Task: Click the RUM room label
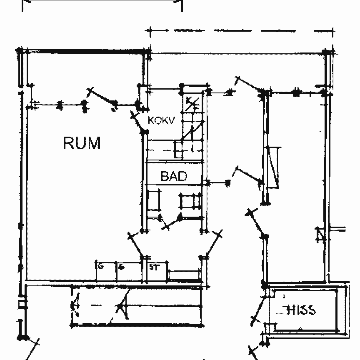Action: pyautogui.click(x=82, y=143)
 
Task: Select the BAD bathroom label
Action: pyautogui.click(x=174, y=176)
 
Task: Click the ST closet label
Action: pyautogui.click(x=154, y=267)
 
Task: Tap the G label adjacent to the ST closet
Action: pyautogui.click(x=121, y=267)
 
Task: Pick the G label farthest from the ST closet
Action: pyautogui.click(x=100, y=266)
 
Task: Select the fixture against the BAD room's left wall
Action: pyautogui.click(x=155, y=200)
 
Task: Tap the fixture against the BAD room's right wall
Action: pyautogui.click(x=190, y=201)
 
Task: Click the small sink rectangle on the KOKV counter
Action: pyautogui.click(x=178, y=149)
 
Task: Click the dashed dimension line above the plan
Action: pyautogui.click(x=242, y=30)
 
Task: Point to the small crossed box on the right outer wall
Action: pyautogui.click(x=320, y=235)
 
